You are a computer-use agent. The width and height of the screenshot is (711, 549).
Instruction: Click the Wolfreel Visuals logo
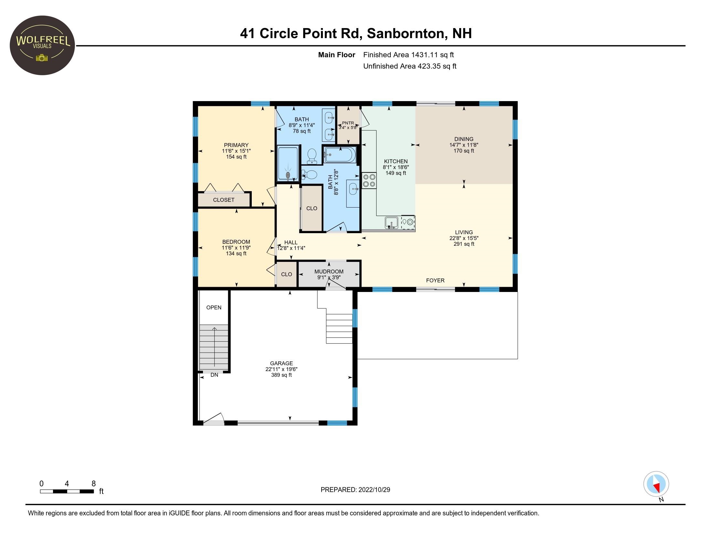point(42,45)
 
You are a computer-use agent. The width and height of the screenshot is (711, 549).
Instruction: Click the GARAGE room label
point(281,363)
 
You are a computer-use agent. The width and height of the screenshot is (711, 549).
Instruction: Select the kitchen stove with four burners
point(369,181)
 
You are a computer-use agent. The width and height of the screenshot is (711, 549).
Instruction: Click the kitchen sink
point(391,223)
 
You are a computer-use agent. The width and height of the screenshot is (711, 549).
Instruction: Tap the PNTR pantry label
point(348,123)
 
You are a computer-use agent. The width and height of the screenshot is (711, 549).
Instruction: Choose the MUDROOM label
point(329,272)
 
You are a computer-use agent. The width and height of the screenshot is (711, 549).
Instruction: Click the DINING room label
point(464,139)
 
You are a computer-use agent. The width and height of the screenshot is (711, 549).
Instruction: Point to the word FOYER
point(435,280)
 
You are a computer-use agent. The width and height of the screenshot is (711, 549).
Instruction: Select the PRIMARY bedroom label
point(236,145)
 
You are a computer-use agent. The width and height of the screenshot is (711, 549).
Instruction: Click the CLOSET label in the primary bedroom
point(224,200)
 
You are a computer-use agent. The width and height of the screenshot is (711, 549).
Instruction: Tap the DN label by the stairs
point(214,375)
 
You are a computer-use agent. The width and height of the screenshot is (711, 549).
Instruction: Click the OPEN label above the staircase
point(214,307)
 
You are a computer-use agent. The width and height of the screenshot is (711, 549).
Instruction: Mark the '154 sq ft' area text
point(236,157)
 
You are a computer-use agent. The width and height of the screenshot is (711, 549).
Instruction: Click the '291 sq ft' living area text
point(464,244)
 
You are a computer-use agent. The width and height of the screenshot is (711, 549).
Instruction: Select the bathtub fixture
point(340,155)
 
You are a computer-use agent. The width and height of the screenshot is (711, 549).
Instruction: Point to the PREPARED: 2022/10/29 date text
point(355,490)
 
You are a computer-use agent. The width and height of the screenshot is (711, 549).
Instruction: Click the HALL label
point(291,242)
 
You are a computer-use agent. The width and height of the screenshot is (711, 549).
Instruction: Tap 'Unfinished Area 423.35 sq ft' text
point(409,66)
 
